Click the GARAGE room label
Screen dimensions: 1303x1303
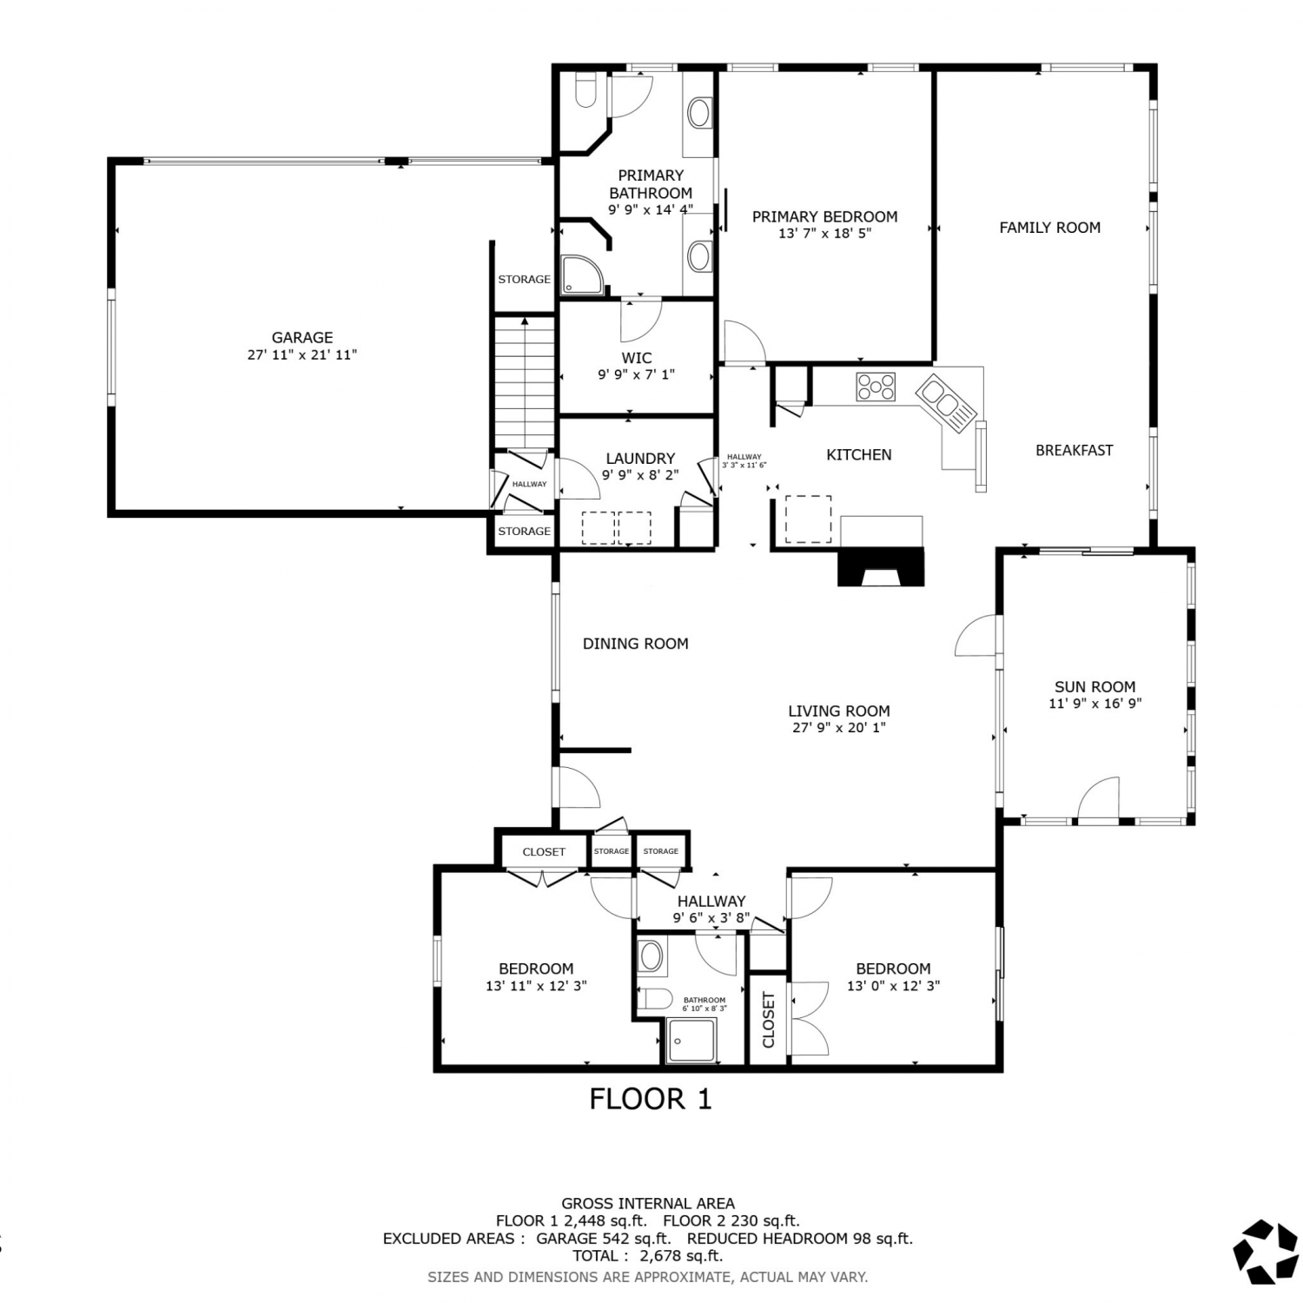[x=302, y=338]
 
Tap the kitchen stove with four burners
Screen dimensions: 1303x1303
[x=876, y=387]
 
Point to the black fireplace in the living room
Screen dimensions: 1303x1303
[x=881, y=566]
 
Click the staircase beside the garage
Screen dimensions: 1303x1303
[x=525, y=382]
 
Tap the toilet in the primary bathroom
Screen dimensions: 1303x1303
[x=585, y=89]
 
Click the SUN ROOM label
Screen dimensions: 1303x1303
[x=1095, y=686]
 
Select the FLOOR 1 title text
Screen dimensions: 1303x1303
[x=651, y=1099]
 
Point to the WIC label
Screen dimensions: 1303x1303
[x=637, y=358]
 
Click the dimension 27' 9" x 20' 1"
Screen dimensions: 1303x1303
[x=839, y=728]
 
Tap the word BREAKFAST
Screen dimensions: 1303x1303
[x=1074, y=450]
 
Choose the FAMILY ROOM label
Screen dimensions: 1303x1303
[x=1049, y=228]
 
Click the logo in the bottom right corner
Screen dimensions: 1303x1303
[x=1266, y=1251]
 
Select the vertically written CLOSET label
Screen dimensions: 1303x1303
[x=769, y=1020]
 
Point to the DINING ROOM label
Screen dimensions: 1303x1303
[x=635, y=644]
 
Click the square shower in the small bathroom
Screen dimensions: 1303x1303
[x=691, y=1041]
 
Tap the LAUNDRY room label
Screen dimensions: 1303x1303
[x=640, y=459]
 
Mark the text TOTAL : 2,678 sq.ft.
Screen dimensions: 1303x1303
[x=647, y=1255]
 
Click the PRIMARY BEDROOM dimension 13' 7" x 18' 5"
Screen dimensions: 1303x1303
[x=824, y=234]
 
